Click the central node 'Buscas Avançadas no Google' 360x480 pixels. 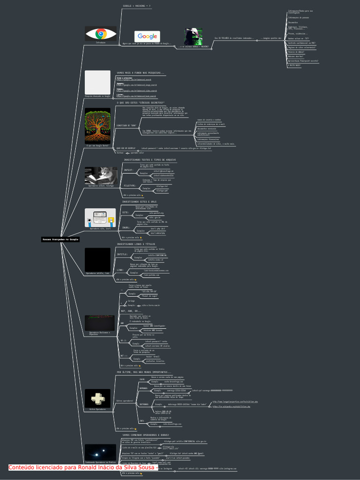point(61,240)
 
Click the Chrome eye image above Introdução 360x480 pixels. point(101,34)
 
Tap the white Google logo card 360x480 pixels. point(147,36)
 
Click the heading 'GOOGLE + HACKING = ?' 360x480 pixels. point(137,6)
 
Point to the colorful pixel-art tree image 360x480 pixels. point(97,126)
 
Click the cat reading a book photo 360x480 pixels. point(101,175)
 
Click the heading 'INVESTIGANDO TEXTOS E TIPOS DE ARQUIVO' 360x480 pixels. point(150,160)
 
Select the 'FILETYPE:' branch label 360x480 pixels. point(130,186)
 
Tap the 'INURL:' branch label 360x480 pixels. point(126,227)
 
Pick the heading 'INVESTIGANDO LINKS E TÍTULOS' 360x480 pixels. point(136,244)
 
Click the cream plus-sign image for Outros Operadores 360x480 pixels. point(97,398)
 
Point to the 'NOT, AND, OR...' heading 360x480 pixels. point(131,311)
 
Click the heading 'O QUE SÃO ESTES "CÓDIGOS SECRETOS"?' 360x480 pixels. point(141,102)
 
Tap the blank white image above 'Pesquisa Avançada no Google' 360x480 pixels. point(97,82)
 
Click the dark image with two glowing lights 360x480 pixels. point(100,452)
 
